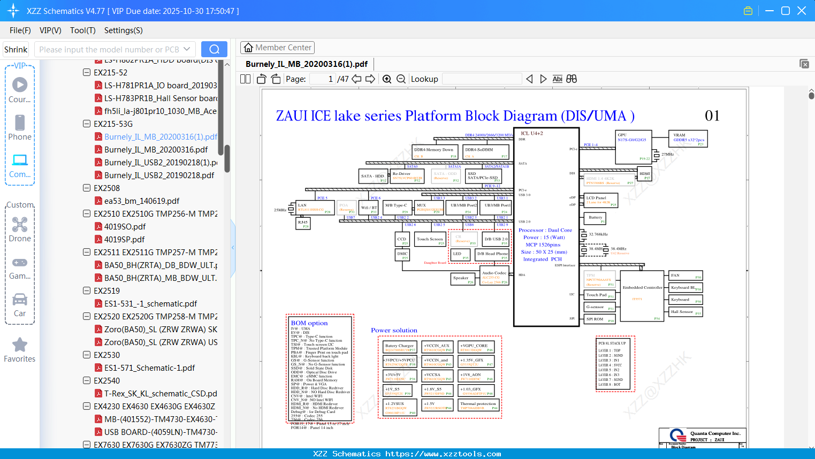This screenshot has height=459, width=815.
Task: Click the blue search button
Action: (x=214, y=49)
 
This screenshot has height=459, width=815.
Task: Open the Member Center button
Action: (x=277, y=48)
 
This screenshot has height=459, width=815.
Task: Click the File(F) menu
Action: (x=20, y=30)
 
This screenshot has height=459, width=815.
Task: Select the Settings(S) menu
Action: (x=123, y=30)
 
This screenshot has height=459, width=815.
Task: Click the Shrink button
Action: (x=16, y=50)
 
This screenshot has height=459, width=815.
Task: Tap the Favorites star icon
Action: (x=20, y=345)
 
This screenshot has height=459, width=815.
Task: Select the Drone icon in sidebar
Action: (x=20, y=225)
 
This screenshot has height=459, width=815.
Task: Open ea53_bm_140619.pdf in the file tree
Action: (x=141, y=201)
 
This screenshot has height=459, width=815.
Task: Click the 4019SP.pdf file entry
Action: (x=124, y=240)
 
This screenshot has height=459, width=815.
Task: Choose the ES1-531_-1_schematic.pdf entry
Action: (x=150, y=304)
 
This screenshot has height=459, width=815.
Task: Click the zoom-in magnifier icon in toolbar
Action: (x=387, y=79)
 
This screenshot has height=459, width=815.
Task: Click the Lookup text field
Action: (x=482, y=79)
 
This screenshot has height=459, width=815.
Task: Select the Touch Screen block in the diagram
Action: (x=430, y=240)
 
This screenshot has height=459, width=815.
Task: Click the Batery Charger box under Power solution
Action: (x=400, y=347)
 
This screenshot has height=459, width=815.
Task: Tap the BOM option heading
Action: (x=309, y=323)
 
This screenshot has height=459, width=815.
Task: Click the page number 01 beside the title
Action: (x=712, y=116)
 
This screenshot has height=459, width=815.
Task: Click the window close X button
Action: (x=802, y=11)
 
